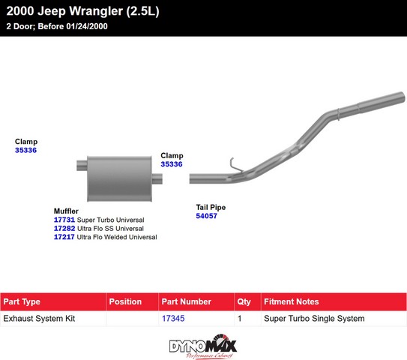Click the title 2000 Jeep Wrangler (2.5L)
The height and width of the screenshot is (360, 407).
pyautogui.click(x=82, y=11)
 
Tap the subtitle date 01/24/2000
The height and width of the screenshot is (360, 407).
pyautogui.click(x=87, y=26)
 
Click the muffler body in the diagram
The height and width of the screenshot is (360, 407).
pyautogui.click(x=119, y=178)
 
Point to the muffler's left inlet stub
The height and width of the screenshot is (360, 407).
pyautogui.click(x=82, y=166)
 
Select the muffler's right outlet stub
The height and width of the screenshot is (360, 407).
pyautogui.click(x=157, y=178)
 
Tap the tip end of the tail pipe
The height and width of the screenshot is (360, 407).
pyautogui.click(x=402, y=96)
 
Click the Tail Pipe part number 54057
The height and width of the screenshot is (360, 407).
pyautogui.click(x=206, y=216)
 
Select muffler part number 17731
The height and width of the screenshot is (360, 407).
pyautogui.click(x=64, y=220)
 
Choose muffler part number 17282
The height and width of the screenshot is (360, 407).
pyautogui.click(x=64, y=228)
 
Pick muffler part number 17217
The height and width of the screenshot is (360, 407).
pyautogui.click(x=64, y=237)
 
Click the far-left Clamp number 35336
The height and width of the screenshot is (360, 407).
pyautogui.click(x=25, y=150)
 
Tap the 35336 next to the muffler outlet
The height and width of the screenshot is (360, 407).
pyautogui.click(x=172, y=164)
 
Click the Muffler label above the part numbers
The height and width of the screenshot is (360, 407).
pyautogui.click(x=66, y=211)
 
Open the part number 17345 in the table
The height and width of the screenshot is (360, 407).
pyautogui.click(x=173, y=318)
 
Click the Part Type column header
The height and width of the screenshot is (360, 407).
pyautogui.click(x=22, y=301)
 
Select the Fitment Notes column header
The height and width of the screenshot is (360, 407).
pyautogui.click(x=292, y=301)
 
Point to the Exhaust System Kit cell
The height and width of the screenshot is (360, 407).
pyautogui.click(x=39, y=319)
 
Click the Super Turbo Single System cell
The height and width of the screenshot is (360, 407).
pyautogui.click(x=314, y=319)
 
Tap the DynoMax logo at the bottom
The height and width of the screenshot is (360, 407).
pyautogui.click(x=203, y=346)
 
